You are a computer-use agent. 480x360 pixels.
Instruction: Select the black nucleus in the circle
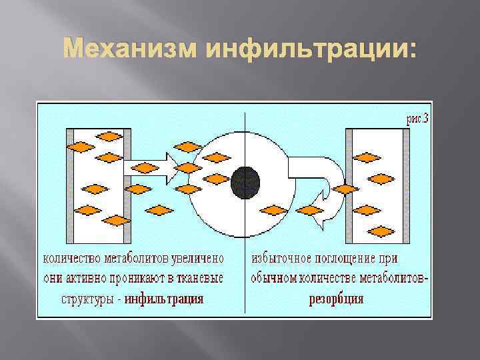[246, 181]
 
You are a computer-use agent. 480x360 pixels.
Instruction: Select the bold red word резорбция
[336, 298]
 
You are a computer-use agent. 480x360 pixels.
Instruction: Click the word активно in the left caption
[79, 277]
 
